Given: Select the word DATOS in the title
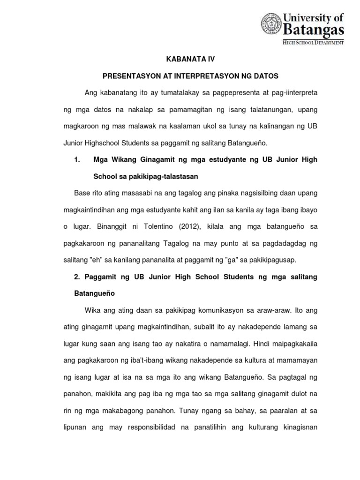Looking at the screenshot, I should click(264, 75).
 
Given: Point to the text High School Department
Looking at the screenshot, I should click(313, 42).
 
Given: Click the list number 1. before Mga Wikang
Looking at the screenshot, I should click(78, 160).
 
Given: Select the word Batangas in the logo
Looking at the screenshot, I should click(314, 30).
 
